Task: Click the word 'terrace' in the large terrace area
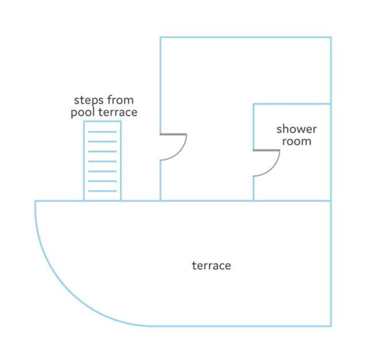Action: (x=211, y=266)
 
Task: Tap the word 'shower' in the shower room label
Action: (x=296, y=129)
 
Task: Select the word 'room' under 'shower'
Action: (x=296, y=141)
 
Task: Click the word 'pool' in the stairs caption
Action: (x=83, y=113)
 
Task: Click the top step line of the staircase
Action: (x=102, y=132)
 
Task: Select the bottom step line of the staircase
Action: (x=102, y=191)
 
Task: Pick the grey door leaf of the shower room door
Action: (x=267, y=150)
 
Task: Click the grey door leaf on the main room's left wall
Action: (x=174, y=135)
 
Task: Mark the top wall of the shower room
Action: (x=292, y=104)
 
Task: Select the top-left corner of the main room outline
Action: (x=160, y=37)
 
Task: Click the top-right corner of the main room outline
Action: (x=331, y=37)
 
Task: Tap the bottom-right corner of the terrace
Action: (x=331, y=326)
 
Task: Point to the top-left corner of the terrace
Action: (x=36, y=201)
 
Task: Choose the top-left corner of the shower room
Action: (x=253, y=104)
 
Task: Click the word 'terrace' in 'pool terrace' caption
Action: (x=118, y=112)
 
